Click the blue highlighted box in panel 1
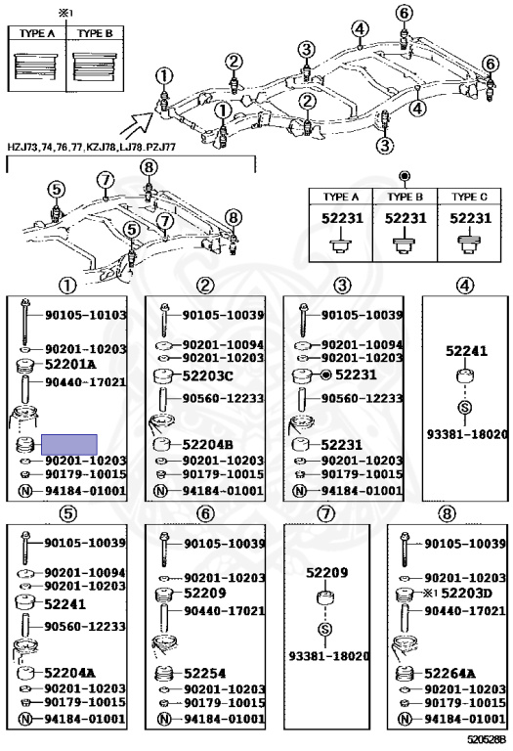[68, 443]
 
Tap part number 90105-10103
[86, 315]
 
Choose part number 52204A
[69, 672]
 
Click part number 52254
[205, 672]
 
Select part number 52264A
[449, 673]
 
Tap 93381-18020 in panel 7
[325, 656]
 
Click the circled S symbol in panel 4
[465, 407]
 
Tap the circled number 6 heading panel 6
[205, 513]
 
